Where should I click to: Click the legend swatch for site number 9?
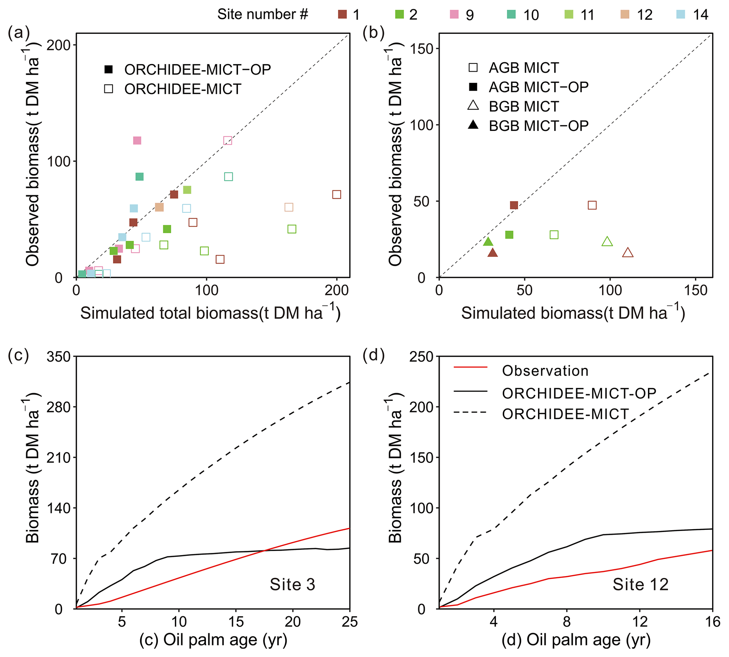pyautogui.click(x=454, y=14)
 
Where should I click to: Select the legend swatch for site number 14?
pyautogui.click(x=681, y=14)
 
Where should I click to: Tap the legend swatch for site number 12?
pyautogui.click(x=625, y=14)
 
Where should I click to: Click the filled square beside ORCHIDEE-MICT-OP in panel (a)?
pyautogui.click(x=109, y=70)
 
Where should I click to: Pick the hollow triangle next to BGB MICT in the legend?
pyautogui.click(x=473, y=106)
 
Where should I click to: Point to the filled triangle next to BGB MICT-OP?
pyautogui.click(x=473, y=125)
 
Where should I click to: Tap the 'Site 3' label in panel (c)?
pyautogui.click(x=292, y=584)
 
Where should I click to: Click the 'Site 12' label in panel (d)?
pyautogui.click(x=640, y=584)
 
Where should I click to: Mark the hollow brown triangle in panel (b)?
pyautogui.click(x=628, y=253)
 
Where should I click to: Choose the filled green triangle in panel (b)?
pyautogui.click(x=488, y=242)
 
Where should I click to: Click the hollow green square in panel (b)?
pyautogui.click(x=554, y=235)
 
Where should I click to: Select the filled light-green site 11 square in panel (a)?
pyautogui.click(x=187, y=190)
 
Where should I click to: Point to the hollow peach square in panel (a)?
pyautogui.click(x=289, y=207)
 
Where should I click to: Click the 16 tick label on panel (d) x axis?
pyautogui.click(x=712, y=622)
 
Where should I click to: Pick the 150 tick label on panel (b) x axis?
pyautogui.click(x=696, y=290)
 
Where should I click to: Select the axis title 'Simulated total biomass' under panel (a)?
pyautogui.click(x=210, y=313)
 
